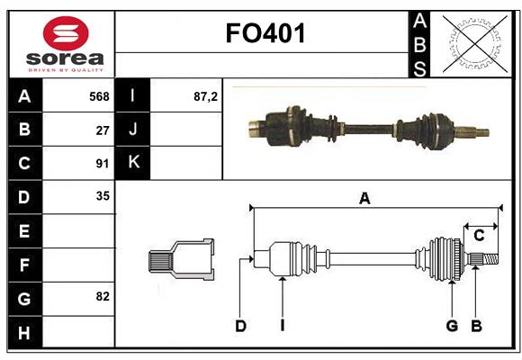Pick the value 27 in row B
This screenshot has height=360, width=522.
tap(103, 130)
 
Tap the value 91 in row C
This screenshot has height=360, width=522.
tap(103, 164)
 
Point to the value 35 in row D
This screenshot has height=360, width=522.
tap(103, 196)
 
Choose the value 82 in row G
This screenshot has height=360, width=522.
tap(103, 296)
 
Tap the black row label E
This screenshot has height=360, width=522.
tap(24, 231)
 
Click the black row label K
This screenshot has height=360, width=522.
tap(134, 163)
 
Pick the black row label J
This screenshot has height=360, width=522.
tap(134, 130)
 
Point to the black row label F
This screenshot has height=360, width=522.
tap(24, 265)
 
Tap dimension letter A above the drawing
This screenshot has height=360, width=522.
tap(364, 199)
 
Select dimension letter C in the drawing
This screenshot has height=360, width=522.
tap(479, 236)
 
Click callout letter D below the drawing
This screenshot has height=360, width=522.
tap(240, 326)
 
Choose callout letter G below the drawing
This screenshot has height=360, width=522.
tap(452, 326)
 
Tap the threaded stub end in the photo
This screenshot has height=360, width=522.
tap(476, 133)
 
